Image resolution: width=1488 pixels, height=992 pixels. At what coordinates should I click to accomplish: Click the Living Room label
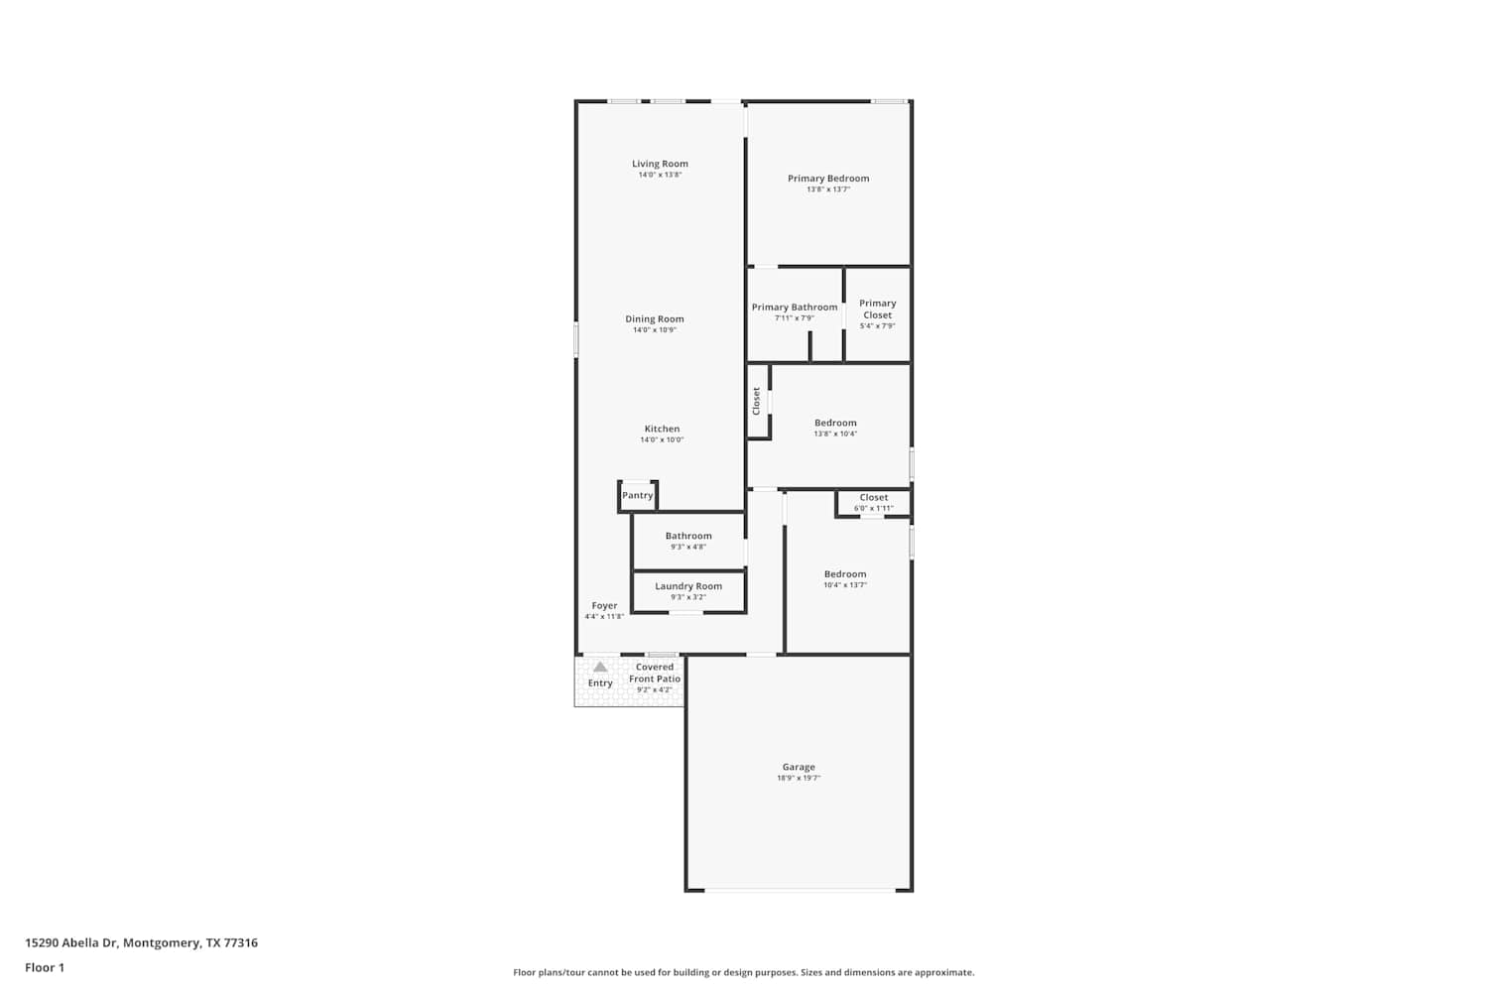point(660,164)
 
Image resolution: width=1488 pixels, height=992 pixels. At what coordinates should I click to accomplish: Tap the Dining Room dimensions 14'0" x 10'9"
point(655,330)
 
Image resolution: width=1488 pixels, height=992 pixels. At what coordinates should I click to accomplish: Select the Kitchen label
point(662,429)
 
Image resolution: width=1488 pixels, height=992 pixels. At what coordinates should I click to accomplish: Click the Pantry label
point(637,495)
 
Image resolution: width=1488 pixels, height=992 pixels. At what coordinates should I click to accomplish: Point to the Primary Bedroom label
point(828,179)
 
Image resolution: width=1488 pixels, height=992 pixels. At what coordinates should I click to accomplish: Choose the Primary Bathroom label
point(795,307)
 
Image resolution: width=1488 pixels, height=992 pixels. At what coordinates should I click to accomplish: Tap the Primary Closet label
point(878,309)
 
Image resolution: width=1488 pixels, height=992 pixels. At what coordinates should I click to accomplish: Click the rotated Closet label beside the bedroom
point(756,402)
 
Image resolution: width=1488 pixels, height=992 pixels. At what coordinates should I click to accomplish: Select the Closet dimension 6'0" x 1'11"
point(874,508)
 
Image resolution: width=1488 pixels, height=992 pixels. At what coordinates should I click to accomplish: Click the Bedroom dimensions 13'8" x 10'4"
point(835,434)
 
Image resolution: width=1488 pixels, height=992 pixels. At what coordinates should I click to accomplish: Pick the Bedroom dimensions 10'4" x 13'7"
point(845,585)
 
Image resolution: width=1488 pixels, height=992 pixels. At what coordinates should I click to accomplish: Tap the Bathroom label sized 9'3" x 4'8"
point(688,536)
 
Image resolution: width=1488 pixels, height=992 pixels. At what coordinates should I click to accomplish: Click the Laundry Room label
point(688,586)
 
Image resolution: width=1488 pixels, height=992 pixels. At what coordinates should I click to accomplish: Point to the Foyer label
point(604,605)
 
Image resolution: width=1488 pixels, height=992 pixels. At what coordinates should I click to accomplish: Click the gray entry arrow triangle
point(600,667)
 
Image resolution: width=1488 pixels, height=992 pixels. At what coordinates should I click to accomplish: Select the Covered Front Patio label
point(655,673)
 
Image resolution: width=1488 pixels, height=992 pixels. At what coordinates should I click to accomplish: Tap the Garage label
point(799,767)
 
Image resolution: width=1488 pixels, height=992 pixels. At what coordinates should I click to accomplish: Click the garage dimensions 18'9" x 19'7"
point(799,778)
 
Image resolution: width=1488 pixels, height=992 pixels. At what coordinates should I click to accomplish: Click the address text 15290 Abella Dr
point(71,942)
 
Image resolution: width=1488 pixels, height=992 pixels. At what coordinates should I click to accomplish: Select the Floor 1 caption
point(45,967)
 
